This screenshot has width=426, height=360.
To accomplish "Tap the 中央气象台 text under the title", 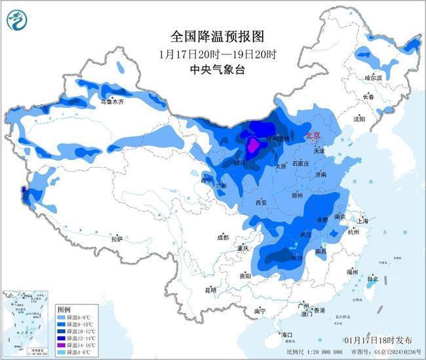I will (207, 70).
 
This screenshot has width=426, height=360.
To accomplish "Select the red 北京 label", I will (314, 135).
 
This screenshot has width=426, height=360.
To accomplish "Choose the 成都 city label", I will (223, 237).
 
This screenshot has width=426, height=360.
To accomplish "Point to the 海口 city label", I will (285, 334).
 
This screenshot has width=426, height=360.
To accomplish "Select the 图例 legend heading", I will (64, 308).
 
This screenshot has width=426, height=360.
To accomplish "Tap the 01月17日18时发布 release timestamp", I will (378, 340).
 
